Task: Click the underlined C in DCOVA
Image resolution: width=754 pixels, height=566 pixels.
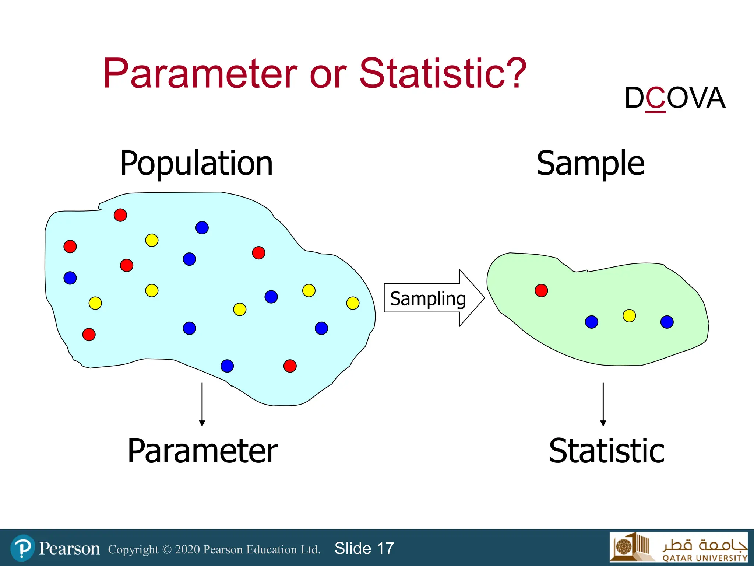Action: [656, 98]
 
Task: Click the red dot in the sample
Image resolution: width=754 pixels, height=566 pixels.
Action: [541, 290]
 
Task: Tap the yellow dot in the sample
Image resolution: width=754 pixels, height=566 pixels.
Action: [629, 316]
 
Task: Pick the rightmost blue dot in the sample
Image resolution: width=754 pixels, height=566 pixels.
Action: [667, 322]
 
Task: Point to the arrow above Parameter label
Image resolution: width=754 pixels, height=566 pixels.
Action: [202, 404]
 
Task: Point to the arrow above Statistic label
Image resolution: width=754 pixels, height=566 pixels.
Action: [603, 404]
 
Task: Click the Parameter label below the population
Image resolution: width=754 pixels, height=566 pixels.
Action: [202, 451]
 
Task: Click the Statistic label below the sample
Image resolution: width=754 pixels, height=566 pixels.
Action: [606, 451]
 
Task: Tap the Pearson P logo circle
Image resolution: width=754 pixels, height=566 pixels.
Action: [23, 548]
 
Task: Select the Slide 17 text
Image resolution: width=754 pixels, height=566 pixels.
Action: [364, 548]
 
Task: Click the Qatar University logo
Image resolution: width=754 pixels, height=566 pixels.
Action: [678, 547]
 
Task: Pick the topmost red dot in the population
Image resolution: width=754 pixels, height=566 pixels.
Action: [120, 215]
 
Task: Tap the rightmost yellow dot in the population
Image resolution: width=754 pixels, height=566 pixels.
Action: [353, 303]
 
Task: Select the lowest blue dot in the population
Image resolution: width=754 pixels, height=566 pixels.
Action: [227, 366]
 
